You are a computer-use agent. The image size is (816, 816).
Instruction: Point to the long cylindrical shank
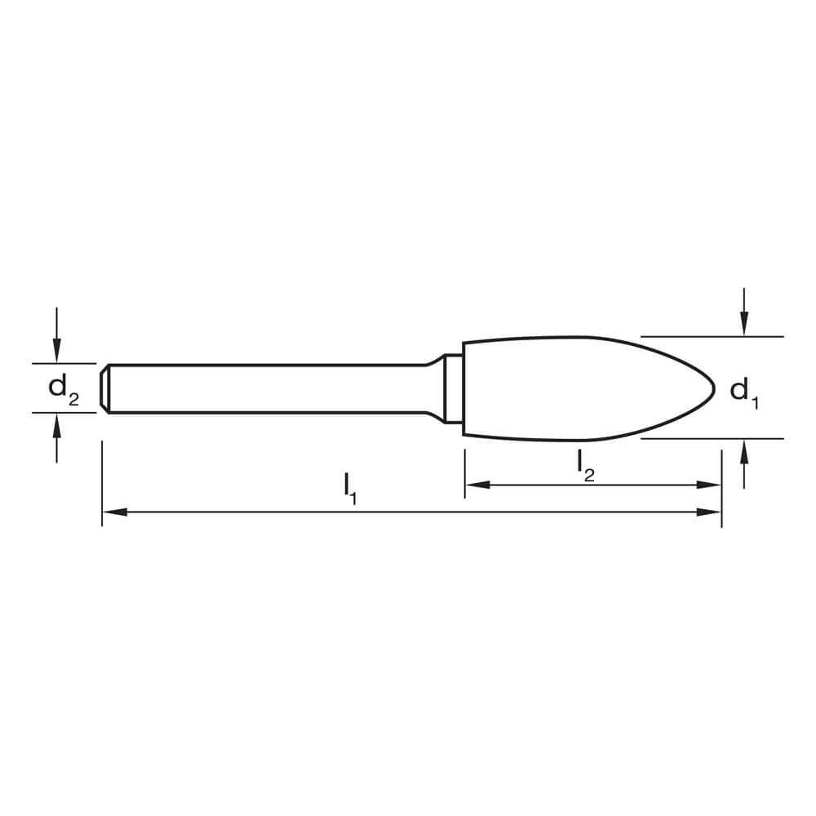261,388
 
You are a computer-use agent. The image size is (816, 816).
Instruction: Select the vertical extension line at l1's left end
102,481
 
